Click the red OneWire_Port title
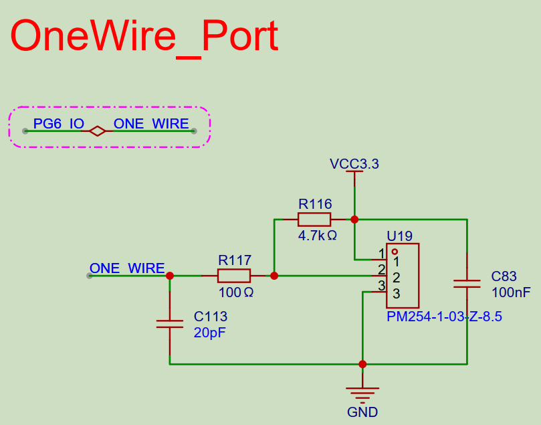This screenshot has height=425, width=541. pos(144,36)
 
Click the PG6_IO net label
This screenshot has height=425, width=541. pos(58,124)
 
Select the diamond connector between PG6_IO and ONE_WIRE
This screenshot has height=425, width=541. pos(98,131)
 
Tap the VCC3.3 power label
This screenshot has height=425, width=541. pos(354,164)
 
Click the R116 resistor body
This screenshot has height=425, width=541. pos(314,219)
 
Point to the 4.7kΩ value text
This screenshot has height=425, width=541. pos(317,236)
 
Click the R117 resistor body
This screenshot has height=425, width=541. pos(234,275)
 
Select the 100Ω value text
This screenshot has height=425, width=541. pos(235,292)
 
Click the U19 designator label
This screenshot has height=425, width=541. pos(399,236)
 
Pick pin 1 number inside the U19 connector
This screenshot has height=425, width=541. pos(396,261)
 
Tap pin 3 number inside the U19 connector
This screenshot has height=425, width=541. pos(396,294)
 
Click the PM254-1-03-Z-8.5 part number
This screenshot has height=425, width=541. pos(444,317)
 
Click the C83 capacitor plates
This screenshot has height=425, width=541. pos(467,283)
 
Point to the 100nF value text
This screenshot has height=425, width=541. pos(511,292)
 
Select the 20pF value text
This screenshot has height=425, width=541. pos(210,333)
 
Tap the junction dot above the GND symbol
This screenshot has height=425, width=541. pos(362,364)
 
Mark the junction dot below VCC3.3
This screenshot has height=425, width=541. pos(354,219)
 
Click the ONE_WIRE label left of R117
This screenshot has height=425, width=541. pos(127,268)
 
